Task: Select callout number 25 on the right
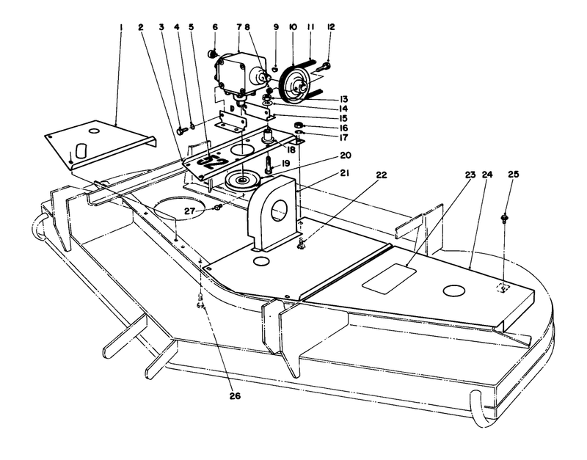(x=511, y=175)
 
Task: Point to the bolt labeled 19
(x=269, y=164)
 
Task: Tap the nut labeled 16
(x=299, y=125)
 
